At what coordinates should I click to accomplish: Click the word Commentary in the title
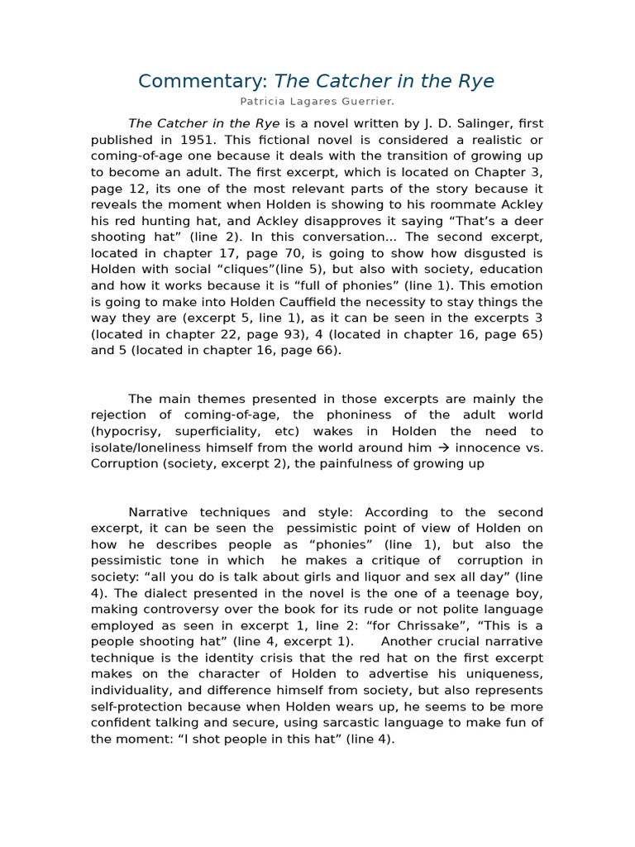203,81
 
